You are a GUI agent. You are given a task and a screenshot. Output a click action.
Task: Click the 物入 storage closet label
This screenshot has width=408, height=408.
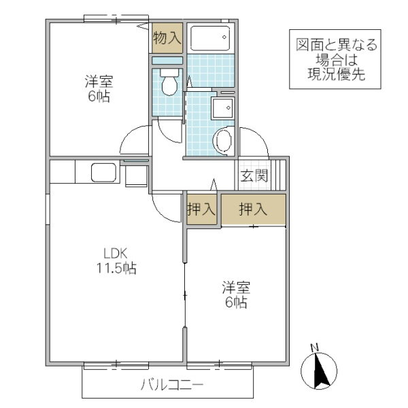click(x=167, y=39)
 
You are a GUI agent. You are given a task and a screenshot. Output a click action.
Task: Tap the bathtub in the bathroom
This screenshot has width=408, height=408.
click(x=210, y=37)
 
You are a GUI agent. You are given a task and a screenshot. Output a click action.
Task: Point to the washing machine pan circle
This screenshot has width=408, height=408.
click(x=223, y=141)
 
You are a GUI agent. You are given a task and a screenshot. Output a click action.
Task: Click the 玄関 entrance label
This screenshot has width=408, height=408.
click(x=254, y=176)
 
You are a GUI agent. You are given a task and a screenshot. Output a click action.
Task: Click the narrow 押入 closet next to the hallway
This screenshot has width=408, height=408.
click(x=201, y=210)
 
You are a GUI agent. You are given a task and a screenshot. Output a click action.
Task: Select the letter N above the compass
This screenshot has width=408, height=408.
click(x=314, y=348)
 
